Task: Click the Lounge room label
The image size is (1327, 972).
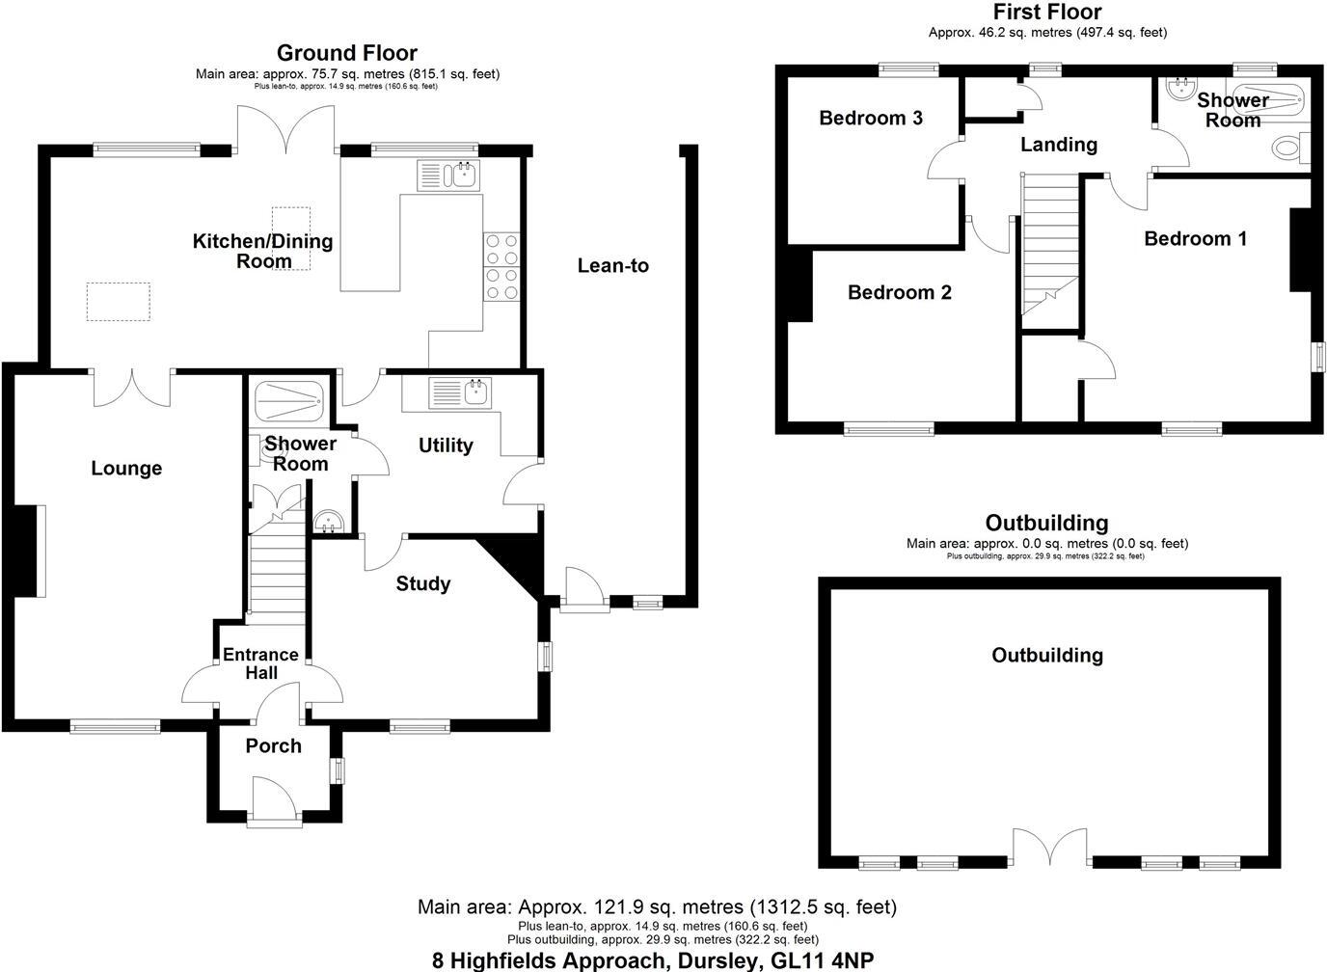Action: (126, 469)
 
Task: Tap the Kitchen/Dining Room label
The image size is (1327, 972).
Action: (262, 251)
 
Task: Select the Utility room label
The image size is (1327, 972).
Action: (446, 445)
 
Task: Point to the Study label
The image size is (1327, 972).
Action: (423, 583)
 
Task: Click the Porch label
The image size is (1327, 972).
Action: (273, 745)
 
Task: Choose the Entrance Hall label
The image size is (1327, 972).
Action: (261, 664)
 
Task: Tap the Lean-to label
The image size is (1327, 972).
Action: (613, 265)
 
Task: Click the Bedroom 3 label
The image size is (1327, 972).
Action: (871, 118)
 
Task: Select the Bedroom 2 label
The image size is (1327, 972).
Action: (900, 292)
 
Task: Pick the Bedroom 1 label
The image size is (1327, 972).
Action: (1195, 238)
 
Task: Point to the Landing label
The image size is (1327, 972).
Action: (1059, 145)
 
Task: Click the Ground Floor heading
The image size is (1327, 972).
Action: (347, 52)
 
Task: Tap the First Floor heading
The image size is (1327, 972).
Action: (1047, 12)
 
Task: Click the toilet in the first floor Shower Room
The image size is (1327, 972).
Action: (1288, 148)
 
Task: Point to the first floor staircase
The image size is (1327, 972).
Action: (1048, 246)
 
